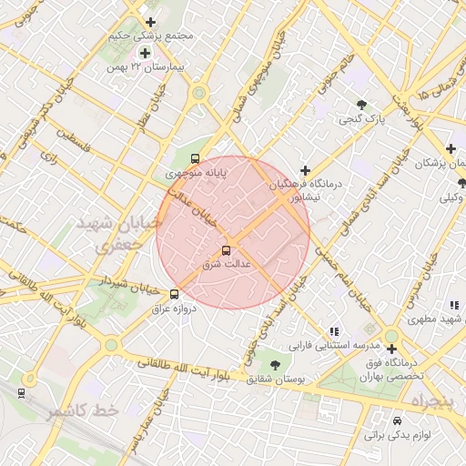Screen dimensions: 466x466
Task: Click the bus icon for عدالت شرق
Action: pos(226,250)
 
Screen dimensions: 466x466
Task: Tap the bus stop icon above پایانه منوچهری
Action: pos(196,158)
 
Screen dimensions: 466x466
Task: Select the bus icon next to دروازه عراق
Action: pos(175,294)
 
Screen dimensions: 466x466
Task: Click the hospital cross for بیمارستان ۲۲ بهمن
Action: pos(145,53)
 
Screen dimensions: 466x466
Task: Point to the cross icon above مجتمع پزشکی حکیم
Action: pos(150,22)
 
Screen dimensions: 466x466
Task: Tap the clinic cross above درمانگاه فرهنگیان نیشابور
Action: pos(305,170)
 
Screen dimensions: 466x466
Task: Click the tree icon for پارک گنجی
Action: pos(362,105)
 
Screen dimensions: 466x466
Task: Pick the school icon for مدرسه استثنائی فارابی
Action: pos(334,331)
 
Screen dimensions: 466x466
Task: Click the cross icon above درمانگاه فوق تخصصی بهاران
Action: pos(391,349)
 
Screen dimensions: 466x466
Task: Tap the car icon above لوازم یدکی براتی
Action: pos(397,421)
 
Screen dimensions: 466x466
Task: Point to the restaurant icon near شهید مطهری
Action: pos(452,305)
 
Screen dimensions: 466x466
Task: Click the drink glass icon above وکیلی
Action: pos(461,183)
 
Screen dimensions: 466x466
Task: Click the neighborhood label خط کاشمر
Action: pos(84,411)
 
